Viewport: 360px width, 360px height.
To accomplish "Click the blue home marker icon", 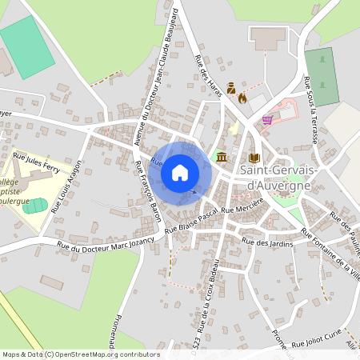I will (x=180, y=173).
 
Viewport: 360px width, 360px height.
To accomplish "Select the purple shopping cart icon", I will (x=267, y=120).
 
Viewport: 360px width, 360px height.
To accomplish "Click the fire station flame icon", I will (x=242, y=98).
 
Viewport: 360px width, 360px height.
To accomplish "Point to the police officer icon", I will (x=230, y=87).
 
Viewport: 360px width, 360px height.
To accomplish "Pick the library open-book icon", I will (x=254, y=158).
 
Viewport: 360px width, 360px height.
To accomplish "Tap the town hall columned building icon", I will (x=221, y=157).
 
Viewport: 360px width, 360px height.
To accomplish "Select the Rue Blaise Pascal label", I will (x=191, y=219).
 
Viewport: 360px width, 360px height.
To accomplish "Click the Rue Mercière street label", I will (x=242, y=210).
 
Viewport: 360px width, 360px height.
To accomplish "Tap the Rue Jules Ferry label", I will (x=38, y=163).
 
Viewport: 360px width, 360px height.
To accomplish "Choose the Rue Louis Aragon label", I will (x=67, y=186).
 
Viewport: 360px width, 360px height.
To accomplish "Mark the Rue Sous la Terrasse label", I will (x=311, y=109).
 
